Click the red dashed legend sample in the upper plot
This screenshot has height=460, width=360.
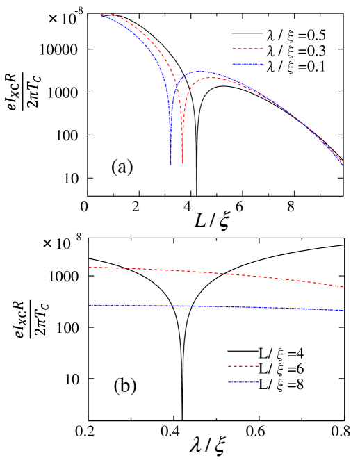[x=247, y=49]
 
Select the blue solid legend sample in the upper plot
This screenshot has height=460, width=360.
[x=247, y=64]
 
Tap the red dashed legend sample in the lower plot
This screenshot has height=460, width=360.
[x=243, y=365]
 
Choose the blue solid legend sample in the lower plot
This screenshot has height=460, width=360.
[x=243, y=382]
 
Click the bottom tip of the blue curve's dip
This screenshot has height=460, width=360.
[x=170, y=164]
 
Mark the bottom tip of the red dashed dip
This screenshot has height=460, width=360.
[x=182, y=163]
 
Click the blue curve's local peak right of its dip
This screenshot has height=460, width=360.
[x=200, y=71]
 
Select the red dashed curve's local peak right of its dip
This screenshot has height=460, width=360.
[x=208, y=78]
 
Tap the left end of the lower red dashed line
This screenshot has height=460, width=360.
[x=89, y=267]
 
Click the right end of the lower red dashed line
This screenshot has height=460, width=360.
[x=343, y=286]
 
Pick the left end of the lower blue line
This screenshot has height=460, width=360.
[x=89, y=306]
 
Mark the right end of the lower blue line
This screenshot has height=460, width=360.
[x=344, y=310]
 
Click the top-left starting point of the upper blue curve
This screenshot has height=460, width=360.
[x=100, y=15]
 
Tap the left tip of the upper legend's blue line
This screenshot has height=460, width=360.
[x=232, y=64]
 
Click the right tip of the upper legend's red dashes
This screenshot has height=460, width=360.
[x=263, y=49]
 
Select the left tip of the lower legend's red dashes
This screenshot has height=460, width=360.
[x=228, y=365]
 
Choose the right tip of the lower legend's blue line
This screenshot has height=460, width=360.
[x=259, y=382]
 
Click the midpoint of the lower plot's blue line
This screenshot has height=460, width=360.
[x=216, y=306]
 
